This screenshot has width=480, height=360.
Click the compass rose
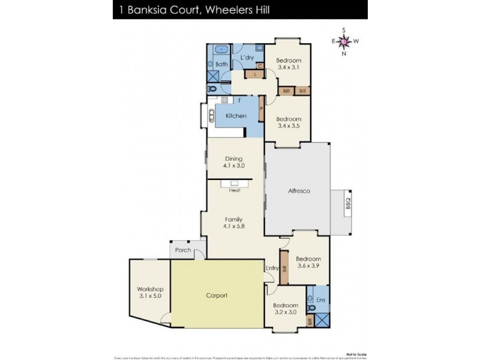(344, 41)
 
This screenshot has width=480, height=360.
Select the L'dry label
(247, 58)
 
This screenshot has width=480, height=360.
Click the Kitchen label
(236, 115)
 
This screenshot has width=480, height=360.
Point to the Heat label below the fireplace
(235, 190)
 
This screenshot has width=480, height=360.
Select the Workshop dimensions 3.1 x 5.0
(149, 296)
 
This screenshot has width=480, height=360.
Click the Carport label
(218, 296)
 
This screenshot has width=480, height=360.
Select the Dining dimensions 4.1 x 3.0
(235, 165)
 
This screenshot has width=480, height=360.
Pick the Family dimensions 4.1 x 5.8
(234, 226)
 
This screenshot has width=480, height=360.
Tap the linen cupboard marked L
(256, 74)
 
